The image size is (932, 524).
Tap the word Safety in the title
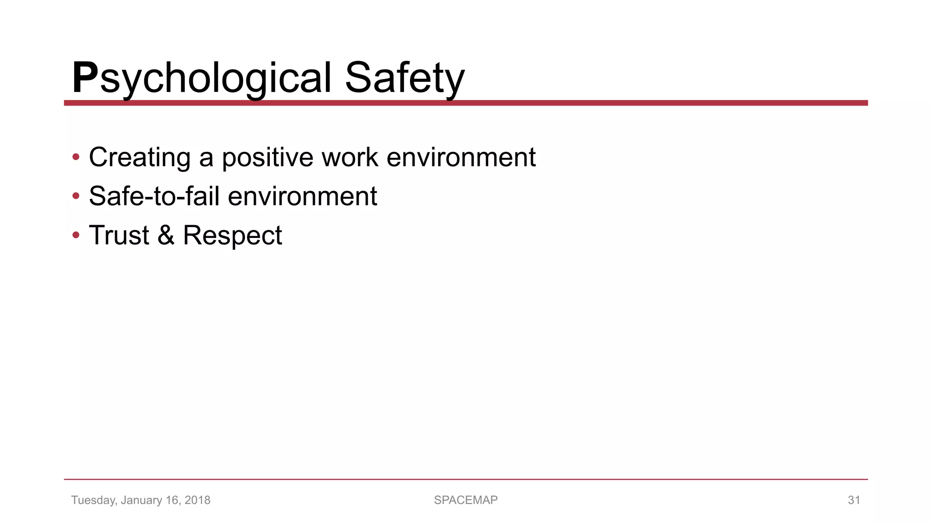(405, 78)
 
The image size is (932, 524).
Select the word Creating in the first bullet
(140, 157)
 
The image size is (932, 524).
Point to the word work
(349, 157)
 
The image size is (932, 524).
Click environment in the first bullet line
(461, 157)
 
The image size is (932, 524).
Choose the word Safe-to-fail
(154, 196)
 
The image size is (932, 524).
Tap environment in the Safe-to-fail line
(302, 196)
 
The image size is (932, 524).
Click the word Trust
(119, 235)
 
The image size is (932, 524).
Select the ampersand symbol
(166, 235)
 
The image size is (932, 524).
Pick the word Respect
(232, 236)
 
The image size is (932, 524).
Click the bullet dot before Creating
(76, 157)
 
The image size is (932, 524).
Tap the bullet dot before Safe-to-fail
(76, 196)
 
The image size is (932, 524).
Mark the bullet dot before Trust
(76, 236)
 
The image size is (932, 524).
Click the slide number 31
(854, 500)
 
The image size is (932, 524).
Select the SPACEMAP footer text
(466, 500)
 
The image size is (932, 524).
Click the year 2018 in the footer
(198, 500)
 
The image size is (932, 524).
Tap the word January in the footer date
(142, 500)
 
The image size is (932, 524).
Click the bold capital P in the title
(85, 78)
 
